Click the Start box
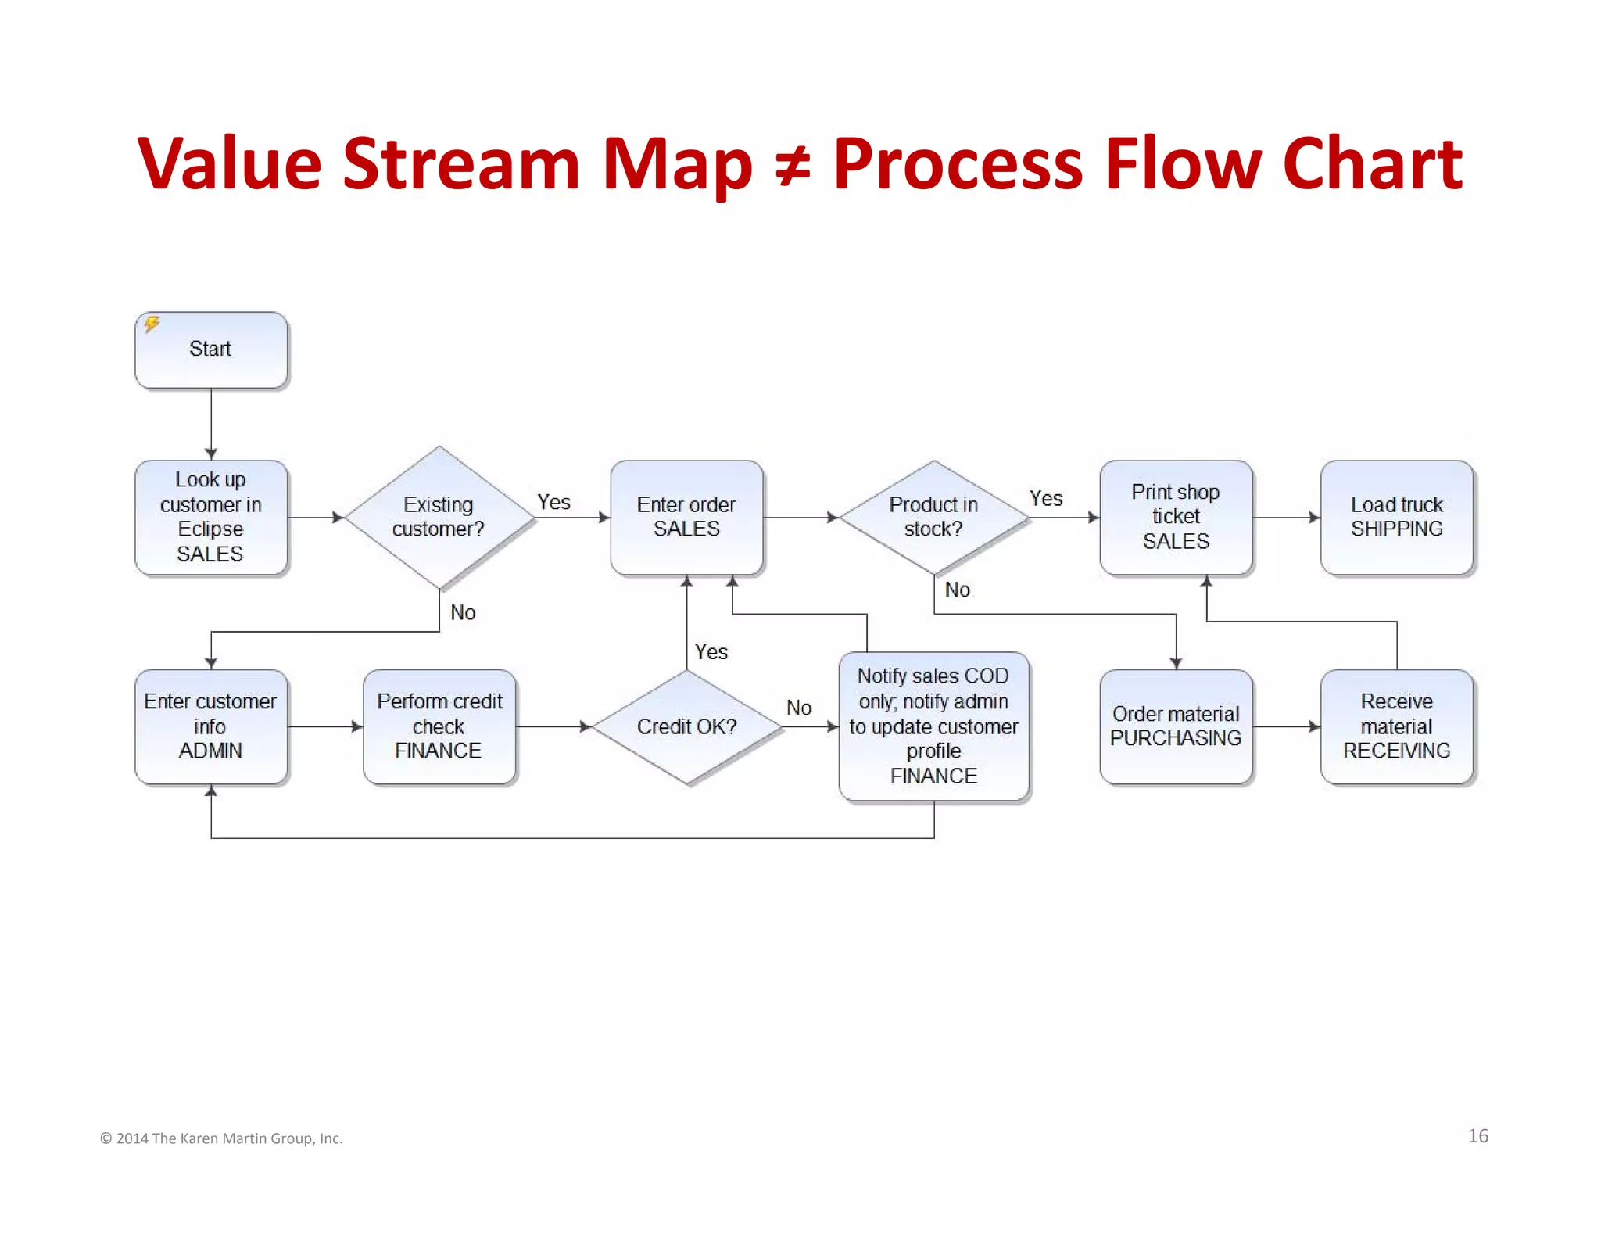[211, 350]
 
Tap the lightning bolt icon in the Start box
[152, 324]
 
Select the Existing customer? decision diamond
[439, 517]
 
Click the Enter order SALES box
[686, 517]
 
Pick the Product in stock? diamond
[933, 517]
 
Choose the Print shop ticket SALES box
[1176, 517]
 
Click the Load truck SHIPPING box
[1397, 517]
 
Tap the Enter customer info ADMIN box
[210, 726]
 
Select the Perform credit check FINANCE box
[439, 726]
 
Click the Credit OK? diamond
[686, 726]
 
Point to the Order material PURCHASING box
[1176, 726]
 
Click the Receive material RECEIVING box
[1397, 726]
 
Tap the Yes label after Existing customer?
[553, 502]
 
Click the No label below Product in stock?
[958, 590]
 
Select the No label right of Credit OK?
[799, 708]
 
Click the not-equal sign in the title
[793, 167]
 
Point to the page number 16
[1477, 1136]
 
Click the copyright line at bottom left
[221, 1138]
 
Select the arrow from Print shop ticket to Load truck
[1286, 517]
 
